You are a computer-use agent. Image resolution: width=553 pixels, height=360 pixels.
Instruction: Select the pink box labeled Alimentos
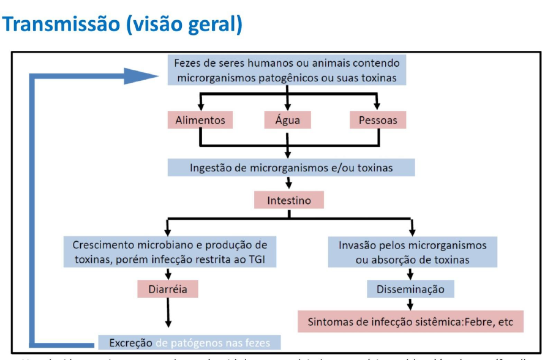(x=200, y=120)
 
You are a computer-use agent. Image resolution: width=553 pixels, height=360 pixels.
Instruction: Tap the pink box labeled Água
(x=287, y=120)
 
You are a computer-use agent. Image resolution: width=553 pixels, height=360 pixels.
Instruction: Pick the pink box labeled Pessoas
(x=377, y=120)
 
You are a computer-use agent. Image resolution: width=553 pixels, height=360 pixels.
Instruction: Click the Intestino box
(x=288, y=200)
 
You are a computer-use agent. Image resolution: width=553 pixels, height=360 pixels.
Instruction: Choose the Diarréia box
(x=167, y=288)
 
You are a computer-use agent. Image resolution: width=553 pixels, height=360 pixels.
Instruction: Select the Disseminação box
(x=410, y=288)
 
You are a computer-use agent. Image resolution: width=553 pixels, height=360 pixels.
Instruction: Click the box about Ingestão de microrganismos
(x=292, y=167)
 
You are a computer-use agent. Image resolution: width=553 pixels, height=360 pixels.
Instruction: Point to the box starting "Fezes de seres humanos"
(x=288, y=70)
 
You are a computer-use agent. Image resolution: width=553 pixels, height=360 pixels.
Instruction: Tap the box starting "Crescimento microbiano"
(x=170, y=252)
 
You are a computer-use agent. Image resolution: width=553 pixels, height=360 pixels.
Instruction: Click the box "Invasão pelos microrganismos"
(x=412, y=252)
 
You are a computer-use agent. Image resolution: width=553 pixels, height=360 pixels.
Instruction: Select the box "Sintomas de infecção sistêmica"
(x=410, y=321)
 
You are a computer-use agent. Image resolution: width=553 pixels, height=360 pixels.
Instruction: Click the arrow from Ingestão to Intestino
(x=288, y=183)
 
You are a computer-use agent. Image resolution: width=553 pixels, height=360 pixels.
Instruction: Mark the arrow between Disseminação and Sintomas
(x=410, y=303)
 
